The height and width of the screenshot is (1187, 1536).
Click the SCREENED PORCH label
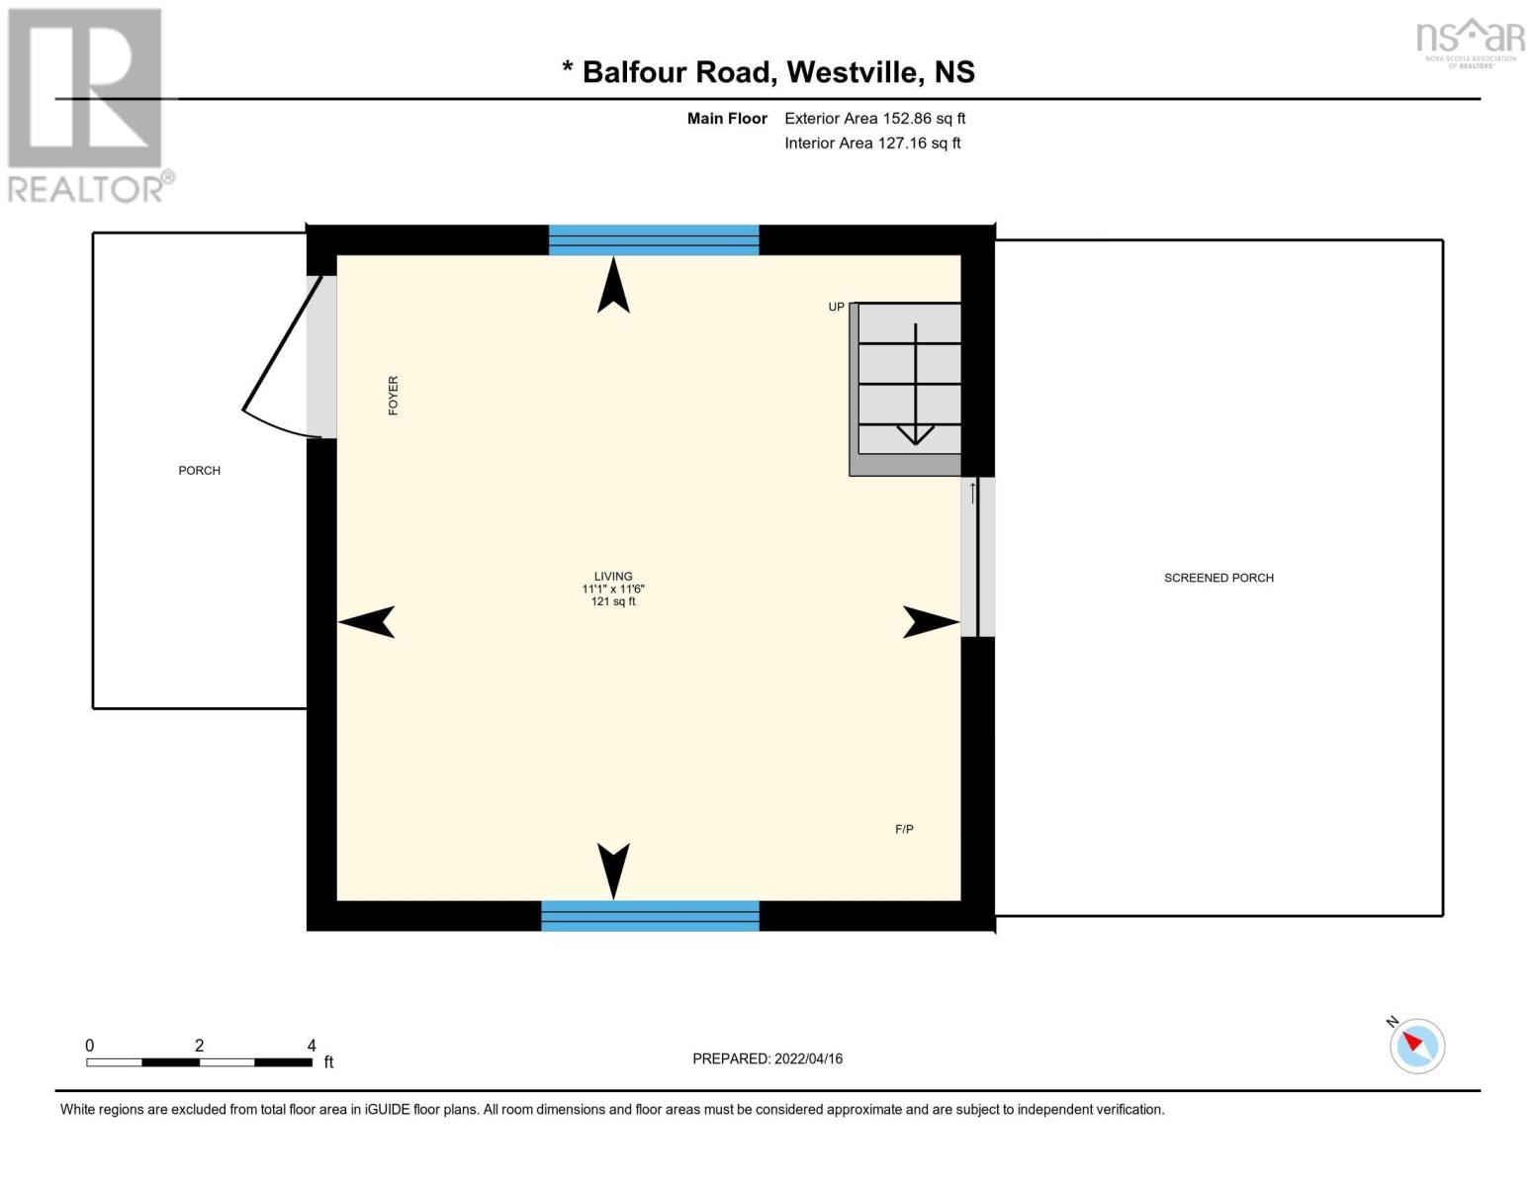coord(1219,578)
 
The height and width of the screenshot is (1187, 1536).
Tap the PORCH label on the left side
coord(200,470)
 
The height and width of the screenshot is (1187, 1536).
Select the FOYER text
coord(393,396)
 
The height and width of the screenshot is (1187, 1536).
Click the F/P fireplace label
coord(904,829)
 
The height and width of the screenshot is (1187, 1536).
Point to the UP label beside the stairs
coord(836,307)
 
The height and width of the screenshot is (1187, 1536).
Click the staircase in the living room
coord(905,389)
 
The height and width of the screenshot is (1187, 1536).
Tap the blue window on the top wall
coord(654,239)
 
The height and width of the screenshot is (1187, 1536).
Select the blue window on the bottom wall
coord(651,916)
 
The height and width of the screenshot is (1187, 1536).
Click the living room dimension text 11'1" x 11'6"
coord(613,589)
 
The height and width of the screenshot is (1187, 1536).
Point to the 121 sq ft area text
coord(613,601)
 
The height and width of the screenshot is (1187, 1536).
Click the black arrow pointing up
coord(613,284)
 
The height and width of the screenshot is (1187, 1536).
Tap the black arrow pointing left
coord(366,622)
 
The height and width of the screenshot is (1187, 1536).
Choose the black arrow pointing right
coord(931,622)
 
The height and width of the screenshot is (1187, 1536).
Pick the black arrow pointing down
coord(613,871)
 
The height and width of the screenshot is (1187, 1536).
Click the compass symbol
coord(1417,1047)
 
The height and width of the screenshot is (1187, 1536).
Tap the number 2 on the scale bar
coord(200,1046)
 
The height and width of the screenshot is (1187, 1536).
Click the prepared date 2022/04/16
coord(808,1059)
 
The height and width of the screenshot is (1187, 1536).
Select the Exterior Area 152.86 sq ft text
coord(874,119)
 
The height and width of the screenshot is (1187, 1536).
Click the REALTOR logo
coord(89,106)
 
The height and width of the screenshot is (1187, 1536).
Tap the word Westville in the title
coord(853,72)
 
